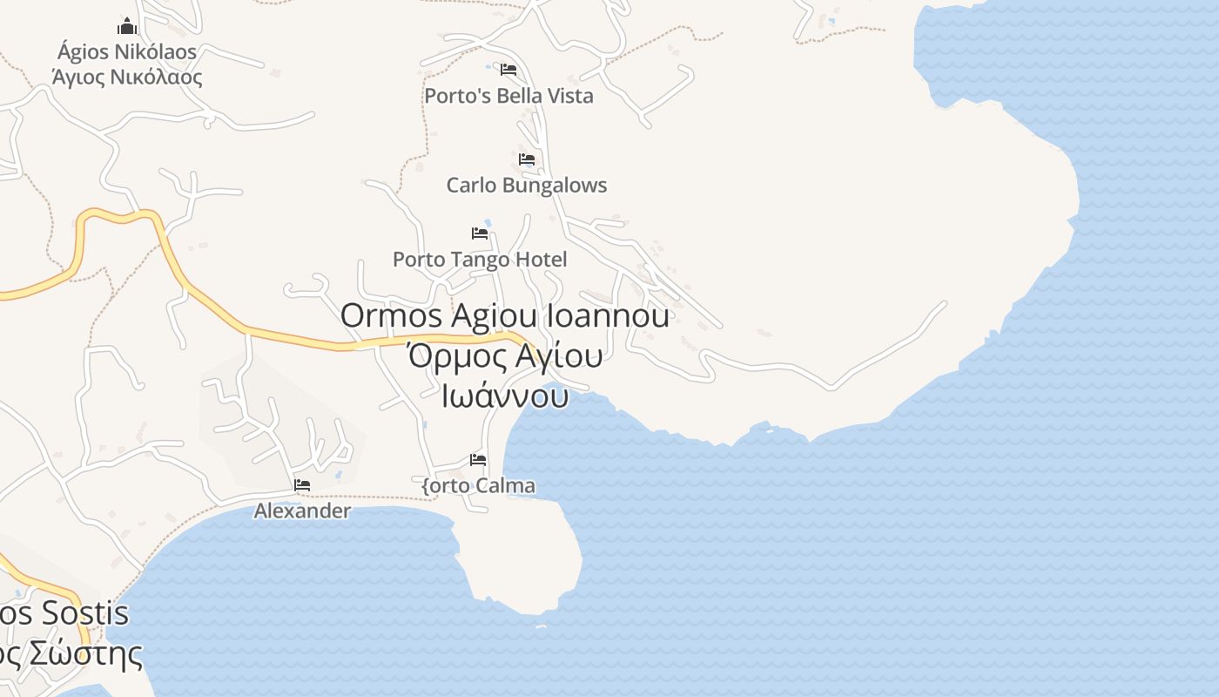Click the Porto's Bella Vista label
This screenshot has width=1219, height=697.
508,96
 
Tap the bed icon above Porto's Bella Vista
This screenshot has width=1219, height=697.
508,69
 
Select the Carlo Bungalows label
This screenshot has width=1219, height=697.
526,185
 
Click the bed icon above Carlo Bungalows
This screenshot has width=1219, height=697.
527,159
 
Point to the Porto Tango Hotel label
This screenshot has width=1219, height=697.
480,259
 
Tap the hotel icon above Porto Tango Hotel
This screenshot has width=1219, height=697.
480,233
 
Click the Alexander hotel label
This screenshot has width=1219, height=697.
302,511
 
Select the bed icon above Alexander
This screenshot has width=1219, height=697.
302,485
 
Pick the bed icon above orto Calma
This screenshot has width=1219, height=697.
478,460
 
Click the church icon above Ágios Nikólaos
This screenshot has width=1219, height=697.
127,26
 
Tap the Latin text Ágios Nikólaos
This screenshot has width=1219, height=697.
127,51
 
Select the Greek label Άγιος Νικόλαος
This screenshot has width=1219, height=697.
127,77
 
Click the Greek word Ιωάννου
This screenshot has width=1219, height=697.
505,396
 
